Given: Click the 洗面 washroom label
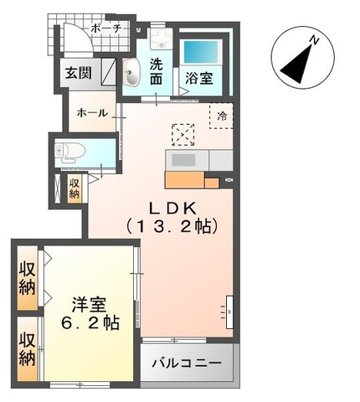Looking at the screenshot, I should (x=157, y=72).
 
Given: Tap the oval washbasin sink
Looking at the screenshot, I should (x=132, y=75).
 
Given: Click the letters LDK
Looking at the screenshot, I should (x=173, y=207).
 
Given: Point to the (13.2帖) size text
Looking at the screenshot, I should (x=173, y=226).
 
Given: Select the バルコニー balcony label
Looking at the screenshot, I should (x=187, y=364).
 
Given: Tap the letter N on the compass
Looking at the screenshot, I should (x=311, y=40).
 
